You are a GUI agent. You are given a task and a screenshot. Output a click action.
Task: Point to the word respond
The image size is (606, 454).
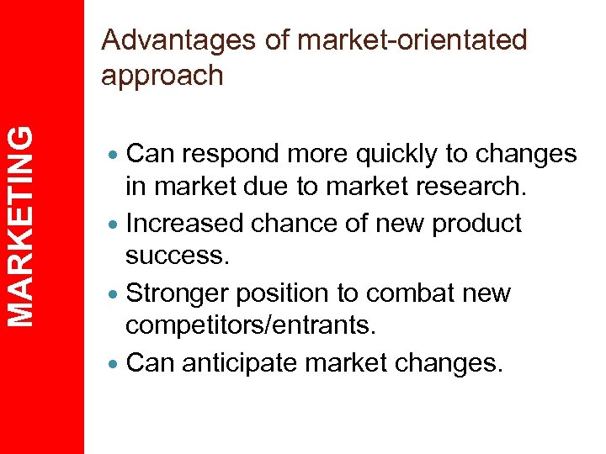(x=233, y=155)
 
